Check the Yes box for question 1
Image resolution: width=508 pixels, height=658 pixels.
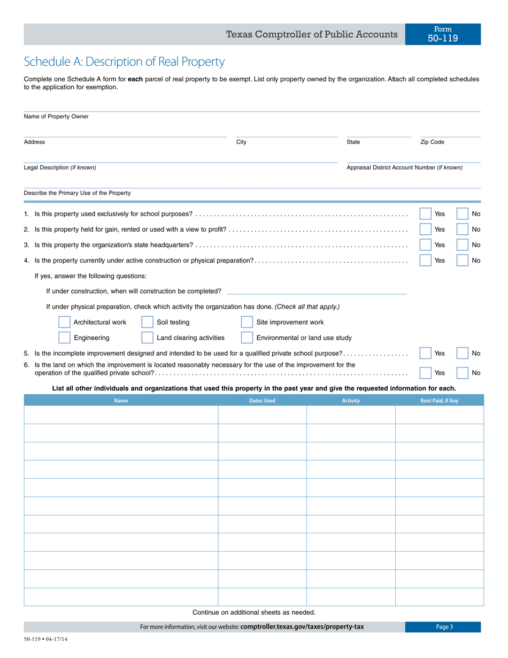point(425,214)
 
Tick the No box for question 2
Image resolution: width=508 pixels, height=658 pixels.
point(463,229)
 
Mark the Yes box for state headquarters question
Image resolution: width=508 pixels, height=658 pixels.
point(425,245)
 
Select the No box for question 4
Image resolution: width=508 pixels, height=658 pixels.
point(463,261)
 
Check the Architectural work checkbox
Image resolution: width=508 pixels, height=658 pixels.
point(64,322)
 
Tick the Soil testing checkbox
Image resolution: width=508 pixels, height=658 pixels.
point(147,322)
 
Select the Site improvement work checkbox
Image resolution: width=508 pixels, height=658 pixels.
point(247,322)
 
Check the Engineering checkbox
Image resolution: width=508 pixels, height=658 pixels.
point(64,338)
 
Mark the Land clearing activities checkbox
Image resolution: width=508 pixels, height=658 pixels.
point(147,338)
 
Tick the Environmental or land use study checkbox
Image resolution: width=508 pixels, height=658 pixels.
point(247,338)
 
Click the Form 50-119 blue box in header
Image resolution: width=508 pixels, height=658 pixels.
point(443,34)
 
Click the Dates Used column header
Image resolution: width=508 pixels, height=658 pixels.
point(262,401)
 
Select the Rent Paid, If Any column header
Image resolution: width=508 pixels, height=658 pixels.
point(439,401)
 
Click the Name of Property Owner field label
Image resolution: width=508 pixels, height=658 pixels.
point(56,117)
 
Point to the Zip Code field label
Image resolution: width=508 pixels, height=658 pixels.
point(432,142)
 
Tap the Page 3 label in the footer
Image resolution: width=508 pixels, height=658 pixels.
point(444,627)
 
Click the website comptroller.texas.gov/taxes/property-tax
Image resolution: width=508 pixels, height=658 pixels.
point(302,627)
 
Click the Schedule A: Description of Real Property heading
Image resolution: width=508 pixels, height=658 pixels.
point(124,62)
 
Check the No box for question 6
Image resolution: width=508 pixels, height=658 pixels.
point(463,373)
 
